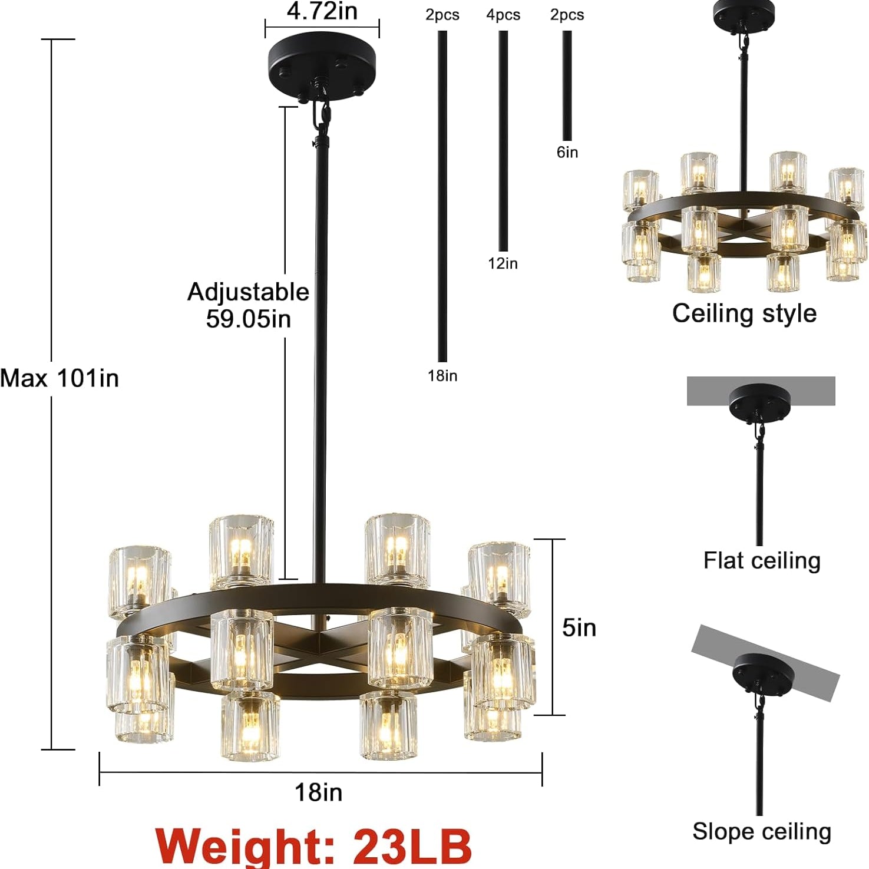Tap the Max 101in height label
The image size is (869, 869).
click(60, 378)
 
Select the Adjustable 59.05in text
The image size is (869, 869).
click(248, 305)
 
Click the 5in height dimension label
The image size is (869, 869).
click(579, 627)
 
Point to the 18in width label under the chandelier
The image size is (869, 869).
click(318, 792)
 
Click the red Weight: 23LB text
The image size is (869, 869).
click(313, 845)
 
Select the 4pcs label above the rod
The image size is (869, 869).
click(503, 15)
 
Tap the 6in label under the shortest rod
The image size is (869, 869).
click(567, 153)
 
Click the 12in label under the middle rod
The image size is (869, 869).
click(503, 263)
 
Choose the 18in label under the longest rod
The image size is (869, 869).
click(442, 376)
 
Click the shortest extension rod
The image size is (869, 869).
click(567, 85)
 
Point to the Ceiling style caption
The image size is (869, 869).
click(744, 313)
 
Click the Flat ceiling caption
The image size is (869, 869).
click(761, 560)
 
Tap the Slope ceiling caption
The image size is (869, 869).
click(761, 831)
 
